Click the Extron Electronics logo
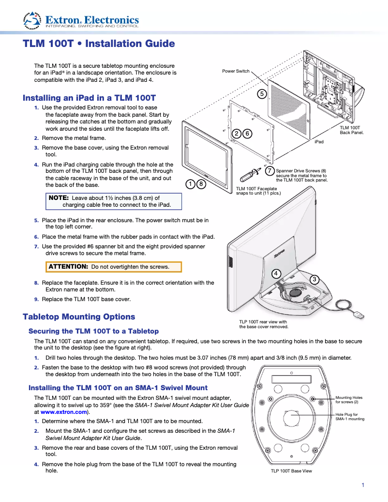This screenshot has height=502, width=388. (x=81, y=20)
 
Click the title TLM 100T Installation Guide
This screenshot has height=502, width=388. (x=99, y=44)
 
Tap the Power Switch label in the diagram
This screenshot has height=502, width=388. (x=236, y=71)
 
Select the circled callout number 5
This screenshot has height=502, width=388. (x=262, y=93)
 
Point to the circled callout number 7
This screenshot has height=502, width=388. (x=269, y=170)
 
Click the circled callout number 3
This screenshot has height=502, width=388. (x=314, y=279)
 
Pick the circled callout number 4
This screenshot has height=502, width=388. (x=276, y=274)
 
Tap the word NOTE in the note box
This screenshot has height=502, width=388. (x=59, y=198)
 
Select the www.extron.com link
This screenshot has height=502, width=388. (x=64, y=412)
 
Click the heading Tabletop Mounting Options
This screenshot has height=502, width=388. (x=79, y=317)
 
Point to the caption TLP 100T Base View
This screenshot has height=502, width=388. (x=291, y=471)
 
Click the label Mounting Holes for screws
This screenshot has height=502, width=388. (x=349, y=400)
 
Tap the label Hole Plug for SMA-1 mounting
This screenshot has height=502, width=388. (x=350, y=417)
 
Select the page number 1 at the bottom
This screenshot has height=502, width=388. (x=363, y=485)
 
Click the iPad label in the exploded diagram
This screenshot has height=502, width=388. (x=319, y=141)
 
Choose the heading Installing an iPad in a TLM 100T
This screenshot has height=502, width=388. (x=89, y=98)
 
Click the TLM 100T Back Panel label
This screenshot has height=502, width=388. (x=351, y=130)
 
